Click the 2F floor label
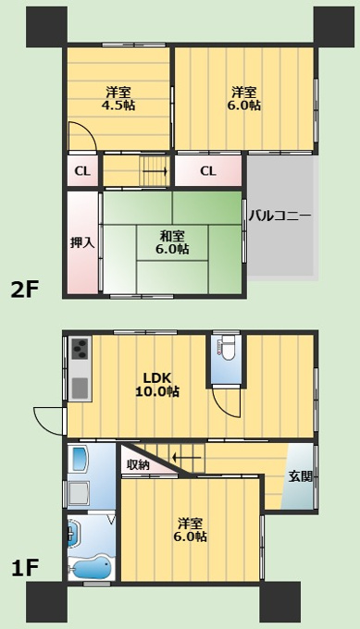click(25, 290)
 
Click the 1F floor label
click(24, 568)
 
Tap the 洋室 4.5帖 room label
click(118, 99)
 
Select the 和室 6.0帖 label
click(172, 242)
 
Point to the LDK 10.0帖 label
click(157, 384)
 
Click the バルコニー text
click(279, 216)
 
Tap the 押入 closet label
click(82, 243)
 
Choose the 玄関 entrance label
click(301, 477)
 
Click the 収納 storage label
click(139, 465)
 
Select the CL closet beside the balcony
click(208, 171)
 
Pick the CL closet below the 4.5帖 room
click(82, 171)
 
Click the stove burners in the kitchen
click(81, 349)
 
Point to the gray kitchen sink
click(81, 387)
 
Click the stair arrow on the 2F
click(155, 172)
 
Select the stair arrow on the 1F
click(187, 457)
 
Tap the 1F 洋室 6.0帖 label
click(191, 530)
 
